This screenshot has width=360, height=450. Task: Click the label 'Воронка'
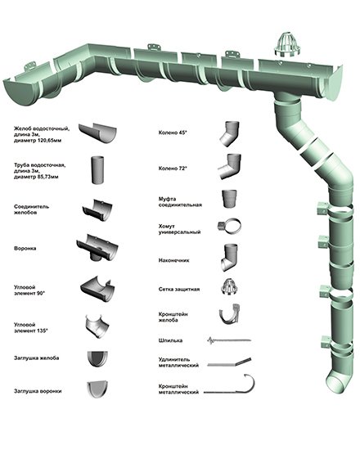pos(25,248)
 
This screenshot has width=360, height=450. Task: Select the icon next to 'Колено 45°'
pos(230,133)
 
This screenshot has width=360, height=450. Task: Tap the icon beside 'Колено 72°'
pos(230,166)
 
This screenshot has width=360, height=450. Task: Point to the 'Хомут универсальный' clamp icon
pos(229,227)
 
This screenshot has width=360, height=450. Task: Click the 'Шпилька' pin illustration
pos(229,340)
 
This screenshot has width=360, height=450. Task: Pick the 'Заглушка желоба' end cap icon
pos(97,358)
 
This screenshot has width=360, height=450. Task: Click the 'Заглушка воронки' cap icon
pos(97,389)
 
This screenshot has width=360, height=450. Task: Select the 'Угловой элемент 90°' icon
pos(97,289)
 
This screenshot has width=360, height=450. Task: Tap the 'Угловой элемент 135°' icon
pos(97,326)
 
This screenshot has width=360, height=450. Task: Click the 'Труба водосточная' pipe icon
pos(97,170)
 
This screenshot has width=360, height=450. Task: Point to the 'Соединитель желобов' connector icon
pos(97,210)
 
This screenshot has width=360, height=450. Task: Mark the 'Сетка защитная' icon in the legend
pos(230,286)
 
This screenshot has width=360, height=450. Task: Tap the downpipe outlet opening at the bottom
pos(335,385)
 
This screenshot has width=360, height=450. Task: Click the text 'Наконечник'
pos(173,260)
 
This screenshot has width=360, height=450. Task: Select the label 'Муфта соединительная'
pos(180,202)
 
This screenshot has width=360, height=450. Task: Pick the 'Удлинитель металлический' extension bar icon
pos(229,362)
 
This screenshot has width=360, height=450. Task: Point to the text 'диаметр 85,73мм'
pos(36,177)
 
